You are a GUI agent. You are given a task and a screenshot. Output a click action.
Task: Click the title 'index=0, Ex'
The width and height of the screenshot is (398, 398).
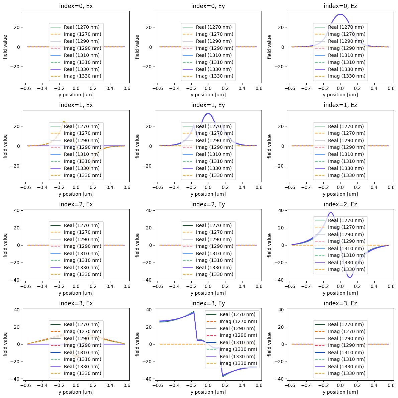tap(76, 6)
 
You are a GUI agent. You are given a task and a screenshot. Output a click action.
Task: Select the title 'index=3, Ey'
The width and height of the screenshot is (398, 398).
tap(208, 303)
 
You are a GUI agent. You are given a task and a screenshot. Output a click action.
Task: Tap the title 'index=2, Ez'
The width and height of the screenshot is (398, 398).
tap(340, 204)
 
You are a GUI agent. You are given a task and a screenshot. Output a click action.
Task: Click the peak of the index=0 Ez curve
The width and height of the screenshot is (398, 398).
tap(340, 14)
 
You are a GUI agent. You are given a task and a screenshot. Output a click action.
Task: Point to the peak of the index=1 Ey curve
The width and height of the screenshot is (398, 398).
tap(208, 113)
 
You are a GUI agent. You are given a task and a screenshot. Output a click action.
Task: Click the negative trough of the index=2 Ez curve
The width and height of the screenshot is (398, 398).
tap(350, 278)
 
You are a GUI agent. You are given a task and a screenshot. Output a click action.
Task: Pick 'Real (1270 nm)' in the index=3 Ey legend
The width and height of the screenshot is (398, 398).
tap(237, 314)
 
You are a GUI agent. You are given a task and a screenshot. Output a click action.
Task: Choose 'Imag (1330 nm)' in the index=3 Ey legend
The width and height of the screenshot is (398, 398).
tap(237, 363)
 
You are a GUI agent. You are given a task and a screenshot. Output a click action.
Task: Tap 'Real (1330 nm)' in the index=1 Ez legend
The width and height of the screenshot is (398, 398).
tap(346, 168)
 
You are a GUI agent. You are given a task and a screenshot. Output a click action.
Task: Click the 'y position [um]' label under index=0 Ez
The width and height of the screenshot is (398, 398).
tap(340, 95)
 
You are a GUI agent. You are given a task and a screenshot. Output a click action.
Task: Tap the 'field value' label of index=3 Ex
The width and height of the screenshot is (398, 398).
tap(5, 344)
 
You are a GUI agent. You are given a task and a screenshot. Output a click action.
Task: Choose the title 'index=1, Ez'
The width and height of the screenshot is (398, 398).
tap(340, 105)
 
